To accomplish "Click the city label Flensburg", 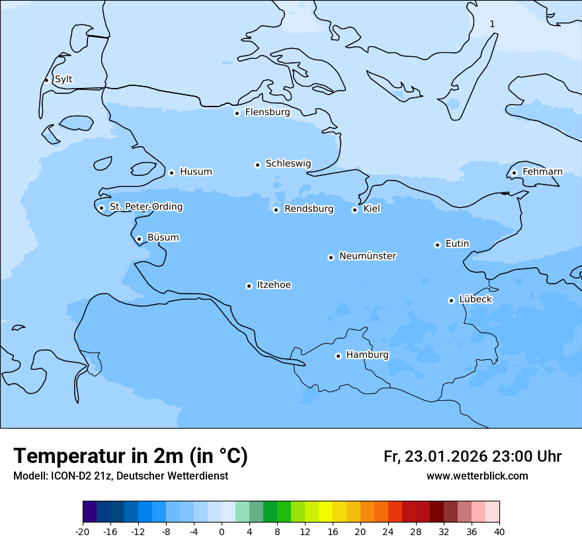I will tap(267, 112).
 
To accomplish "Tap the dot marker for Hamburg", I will tap(338, 356).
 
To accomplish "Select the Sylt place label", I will tap(63, 79).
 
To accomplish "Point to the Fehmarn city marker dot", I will tap(514, 173).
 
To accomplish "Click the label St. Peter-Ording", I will tap(146, 207).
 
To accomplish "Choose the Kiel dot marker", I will tap(354, 210).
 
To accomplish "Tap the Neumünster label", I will tap(368, 256).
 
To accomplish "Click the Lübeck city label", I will tap(475, 300).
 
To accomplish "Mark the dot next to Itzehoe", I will tap(249, 286).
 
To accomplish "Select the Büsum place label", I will tap(163, 238).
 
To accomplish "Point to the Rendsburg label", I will tap(309, 209).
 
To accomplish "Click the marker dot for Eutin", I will tap(437, 245).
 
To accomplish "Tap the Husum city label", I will tap(196, 172).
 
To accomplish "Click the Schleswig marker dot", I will tap(257, 165).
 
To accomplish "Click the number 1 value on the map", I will tap(492, 24).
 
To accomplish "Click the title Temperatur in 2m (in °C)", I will tap(130, 456).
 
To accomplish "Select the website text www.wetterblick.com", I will tap(477, 476).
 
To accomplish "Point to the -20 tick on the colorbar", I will tap(83, 532).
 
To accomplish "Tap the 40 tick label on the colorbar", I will tap(499, 532).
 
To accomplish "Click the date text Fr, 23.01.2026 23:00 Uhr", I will tap(472, 457).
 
